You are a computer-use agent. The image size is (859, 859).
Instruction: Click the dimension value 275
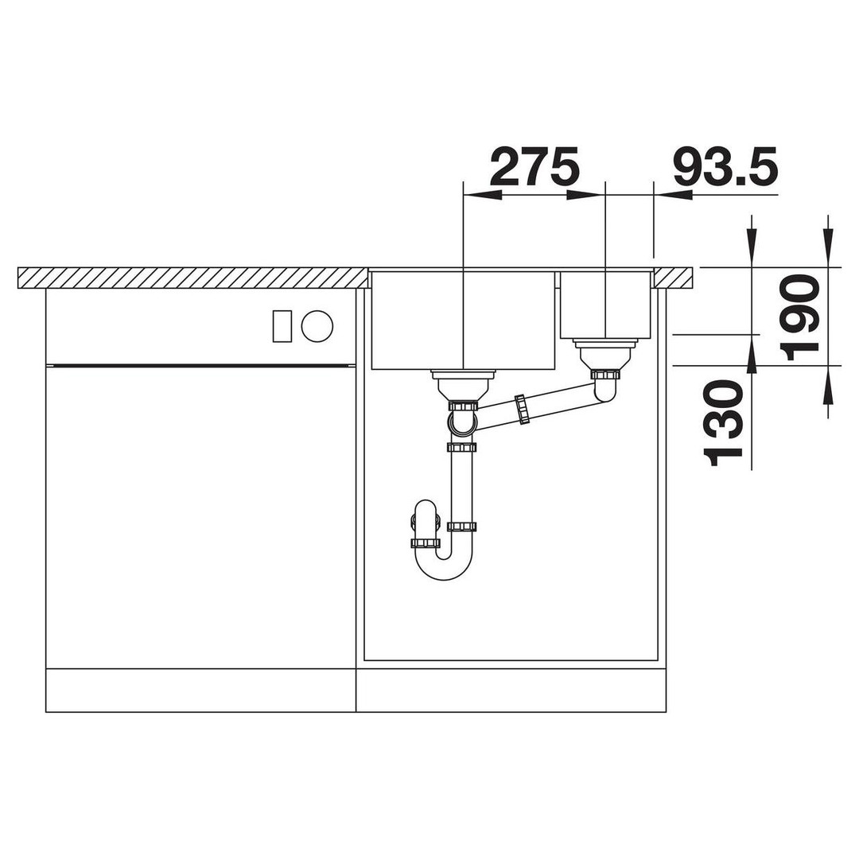(534, 165)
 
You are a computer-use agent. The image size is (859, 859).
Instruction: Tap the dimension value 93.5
(725, 165)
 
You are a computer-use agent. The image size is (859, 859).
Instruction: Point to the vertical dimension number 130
(725, 423)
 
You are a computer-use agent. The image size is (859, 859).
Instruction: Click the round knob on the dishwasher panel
(317, 327)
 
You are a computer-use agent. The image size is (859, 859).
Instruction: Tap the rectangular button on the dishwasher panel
(282, 326)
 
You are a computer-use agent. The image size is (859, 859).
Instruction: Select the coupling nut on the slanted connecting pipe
(522, 409)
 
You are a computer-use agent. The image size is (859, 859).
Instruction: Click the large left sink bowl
(464, 321)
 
